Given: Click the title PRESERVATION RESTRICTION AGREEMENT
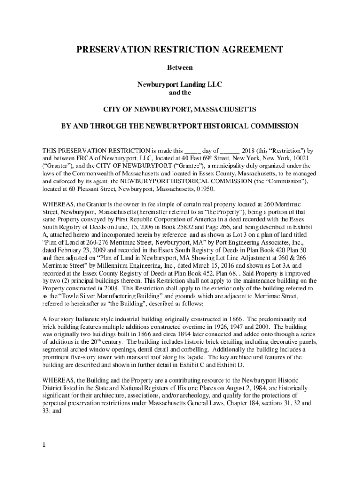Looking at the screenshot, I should point(180,50).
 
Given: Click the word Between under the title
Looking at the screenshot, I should point(180,67).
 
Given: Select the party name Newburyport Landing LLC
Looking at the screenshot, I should point(180,84).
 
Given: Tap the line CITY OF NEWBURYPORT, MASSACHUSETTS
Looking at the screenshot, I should point(180,109).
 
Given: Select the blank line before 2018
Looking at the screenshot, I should point(230,151).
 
